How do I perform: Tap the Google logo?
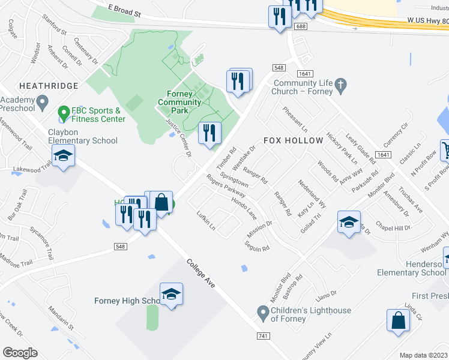click(20, 352)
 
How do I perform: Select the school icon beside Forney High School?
click(171, 294)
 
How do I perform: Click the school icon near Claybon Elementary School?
click(63, 156)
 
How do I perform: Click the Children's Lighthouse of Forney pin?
click(262, 312)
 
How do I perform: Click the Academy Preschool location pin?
click(42, 103)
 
